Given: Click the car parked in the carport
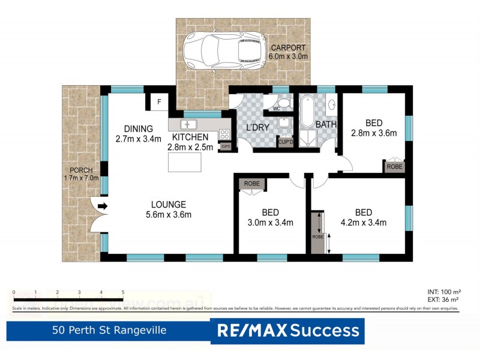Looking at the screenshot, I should coord(223,49).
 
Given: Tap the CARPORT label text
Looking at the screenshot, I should coord(288,47).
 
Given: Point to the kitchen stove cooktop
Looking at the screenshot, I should coord(226,134).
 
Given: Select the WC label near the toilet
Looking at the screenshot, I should coord(277,109).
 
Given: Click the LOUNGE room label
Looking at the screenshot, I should coord(168,204).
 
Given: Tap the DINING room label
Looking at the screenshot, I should coord(139,128).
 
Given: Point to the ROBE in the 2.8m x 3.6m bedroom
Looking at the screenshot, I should coord(394,166).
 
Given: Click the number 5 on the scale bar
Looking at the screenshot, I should coord(123,292).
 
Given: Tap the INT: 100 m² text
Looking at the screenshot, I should coord(443,291).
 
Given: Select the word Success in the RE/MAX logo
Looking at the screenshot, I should coord(325,330).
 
